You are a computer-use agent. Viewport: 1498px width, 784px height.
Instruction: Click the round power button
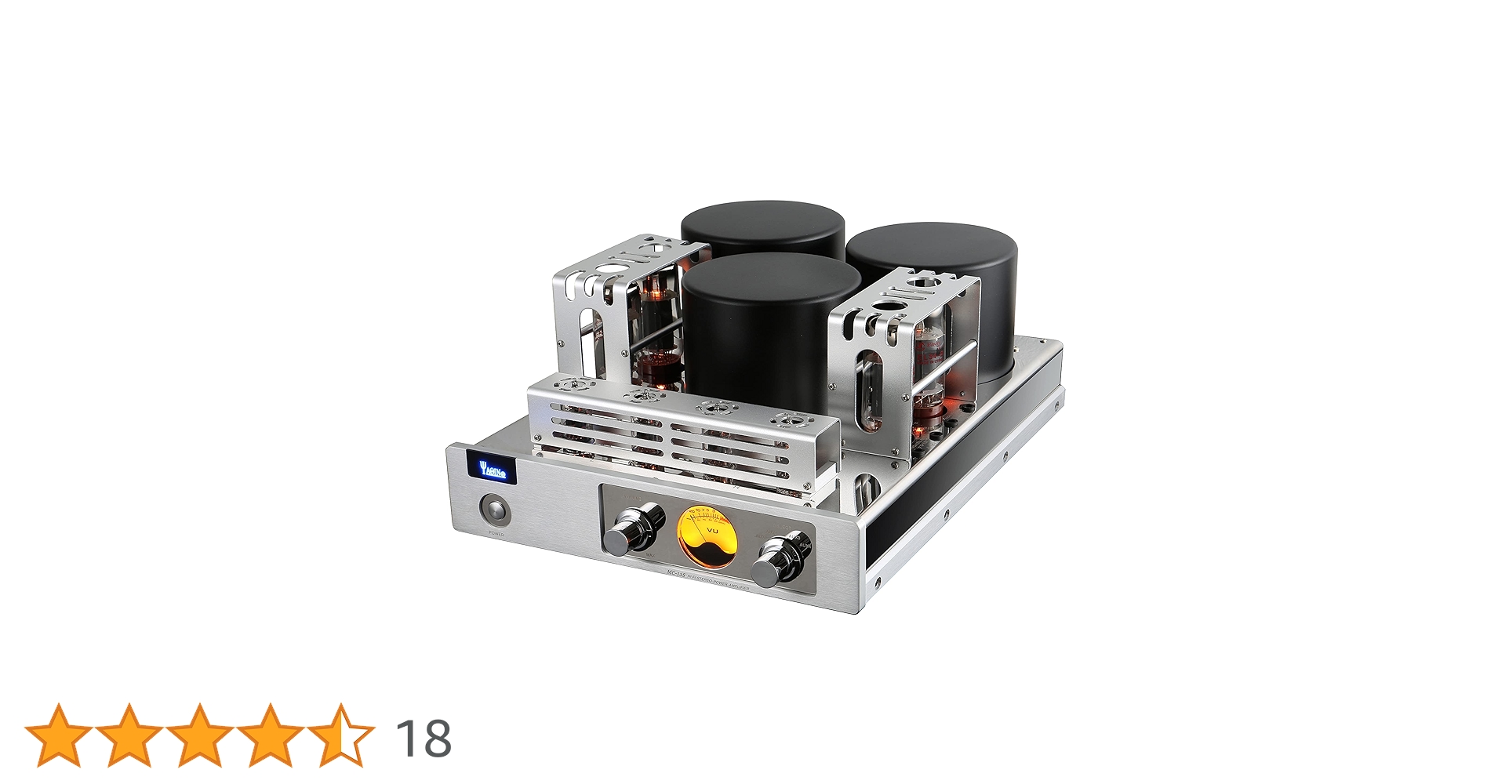coord(495,510)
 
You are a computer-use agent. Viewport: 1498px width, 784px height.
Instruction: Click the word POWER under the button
coord(496,533)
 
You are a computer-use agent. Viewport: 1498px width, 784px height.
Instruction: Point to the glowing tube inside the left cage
coord(657,314)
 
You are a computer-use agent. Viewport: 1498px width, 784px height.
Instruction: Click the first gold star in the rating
coord(58,734)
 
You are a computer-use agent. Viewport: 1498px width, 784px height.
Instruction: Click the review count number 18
coord(424,738)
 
